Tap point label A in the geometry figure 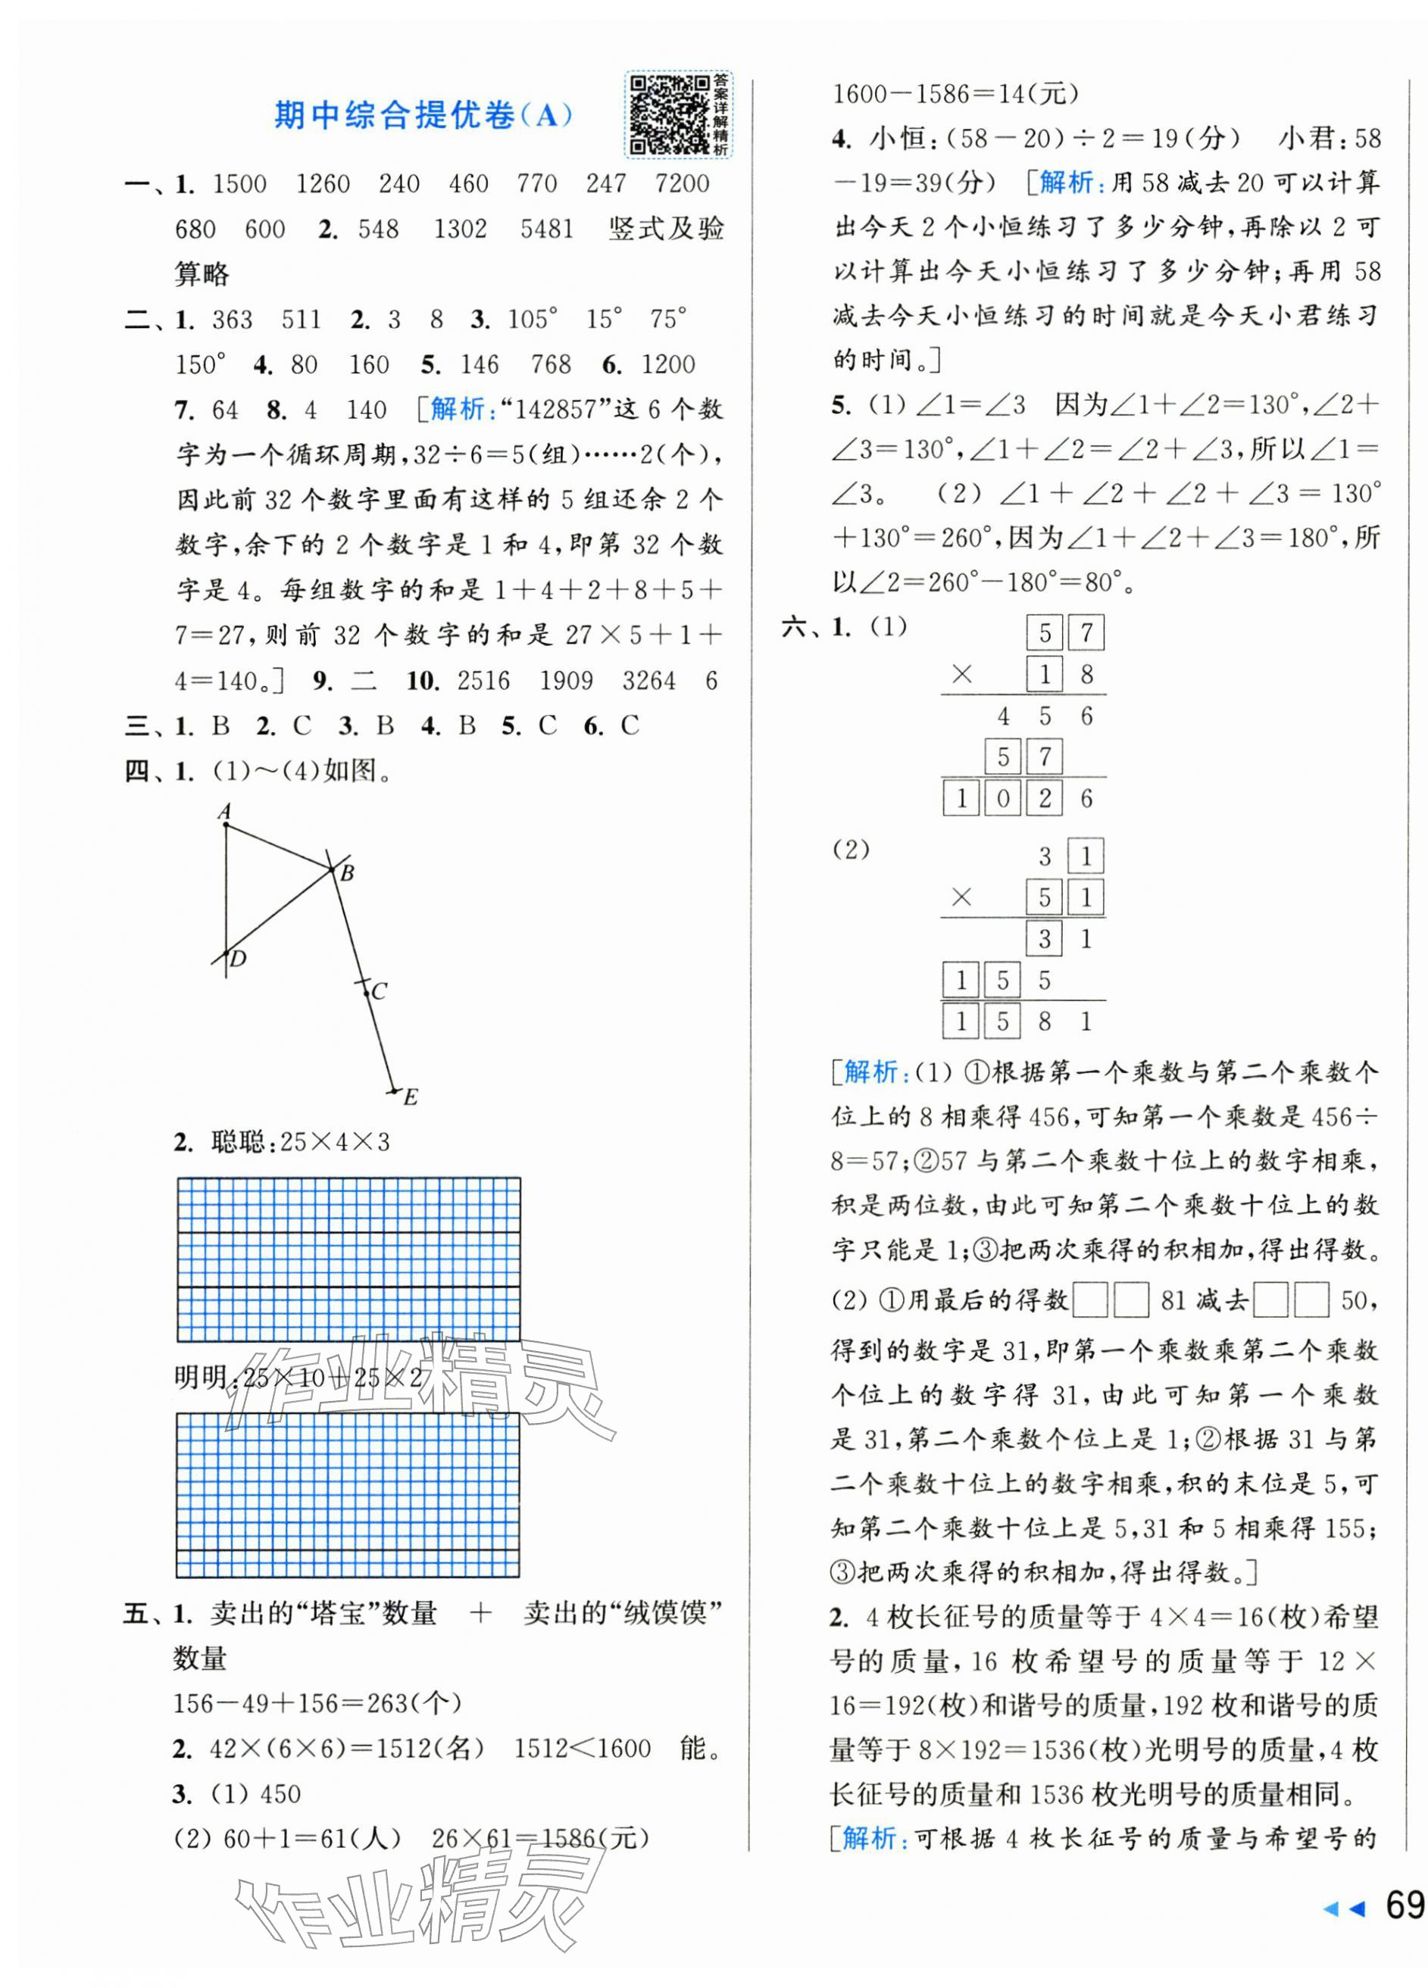click(x=224, y=811)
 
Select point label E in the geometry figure click(x=411, y=1097)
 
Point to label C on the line click(x=379, y=991)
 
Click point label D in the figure click(x=239, y=958)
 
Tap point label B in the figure click(x=347, y=873)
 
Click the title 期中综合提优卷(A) click(x=423, y=115)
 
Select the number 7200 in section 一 click(x=682, y=184)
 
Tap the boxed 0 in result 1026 click(x=1003, y=798)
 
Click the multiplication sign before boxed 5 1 click(x=961, y=897)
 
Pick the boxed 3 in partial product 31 click(x=1044, y=940)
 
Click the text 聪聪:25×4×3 click(x=300, y=1142)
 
